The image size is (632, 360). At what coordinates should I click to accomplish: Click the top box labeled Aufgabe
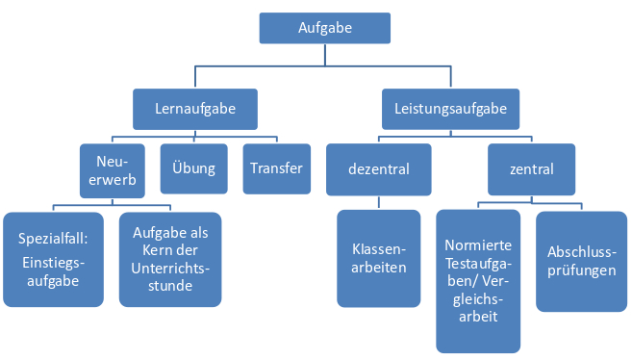point(325,28)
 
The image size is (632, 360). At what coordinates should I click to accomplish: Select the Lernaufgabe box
point(195,109)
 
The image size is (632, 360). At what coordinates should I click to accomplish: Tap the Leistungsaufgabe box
point(450,109)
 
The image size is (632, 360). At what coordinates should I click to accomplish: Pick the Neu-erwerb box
point(112,170)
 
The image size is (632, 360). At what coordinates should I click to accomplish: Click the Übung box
point(194,168)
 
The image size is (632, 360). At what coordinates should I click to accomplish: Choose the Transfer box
point(276,168)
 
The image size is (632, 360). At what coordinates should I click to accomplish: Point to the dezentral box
point(379,169)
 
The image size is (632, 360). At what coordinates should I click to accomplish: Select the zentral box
point(532,169)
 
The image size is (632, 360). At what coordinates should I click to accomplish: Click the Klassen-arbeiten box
point(379,258)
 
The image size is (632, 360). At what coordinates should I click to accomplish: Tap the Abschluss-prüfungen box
point(582,261)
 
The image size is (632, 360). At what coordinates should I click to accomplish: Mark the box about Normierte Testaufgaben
point(478,281)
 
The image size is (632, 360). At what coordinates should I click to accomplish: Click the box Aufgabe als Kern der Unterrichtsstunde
point(170,259)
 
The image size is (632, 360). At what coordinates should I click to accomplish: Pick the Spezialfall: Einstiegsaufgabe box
point(53,259)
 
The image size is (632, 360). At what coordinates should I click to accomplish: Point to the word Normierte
point(478,245)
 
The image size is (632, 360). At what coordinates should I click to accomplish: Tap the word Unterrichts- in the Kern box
point(170,269)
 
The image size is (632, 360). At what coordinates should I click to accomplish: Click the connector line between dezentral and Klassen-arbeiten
point(379,203)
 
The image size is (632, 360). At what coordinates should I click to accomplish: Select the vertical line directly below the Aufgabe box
point(325,55)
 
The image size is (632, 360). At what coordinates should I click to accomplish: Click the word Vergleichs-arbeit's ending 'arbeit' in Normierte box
point(478,317)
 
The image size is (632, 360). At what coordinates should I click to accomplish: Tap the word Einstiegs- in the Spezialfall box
point(53,263)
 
